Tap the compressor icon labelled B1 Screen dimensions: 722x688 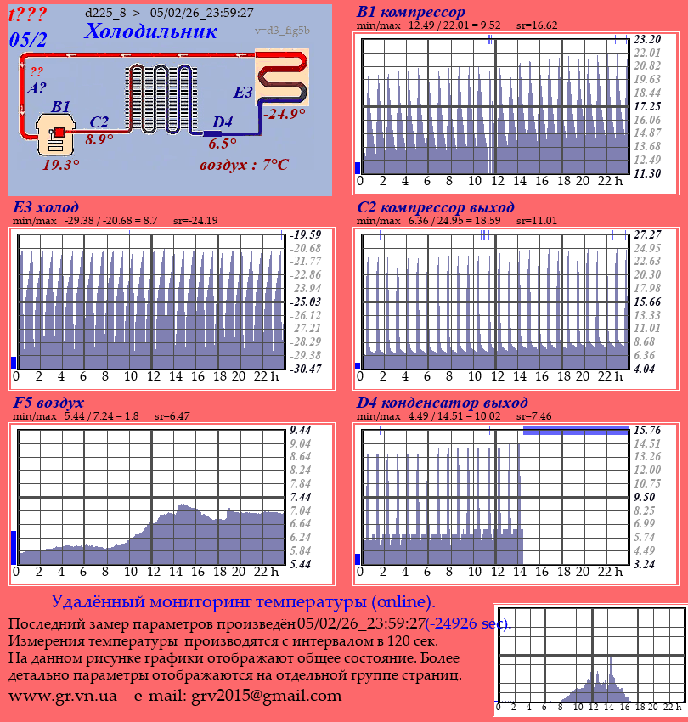click(57, 136)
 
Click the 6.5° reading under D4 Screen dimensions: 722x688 click(223, 144)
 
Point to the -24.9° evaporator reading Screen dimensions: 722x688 click(284, 114)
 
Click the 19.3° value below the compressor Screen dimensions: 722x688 click(61, 165)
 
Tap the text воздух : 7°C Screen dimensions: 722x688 click(244, 165)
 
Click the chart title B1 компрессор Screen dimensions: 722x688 click(411, 12)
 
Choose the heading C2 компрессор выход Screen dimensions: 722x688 click(435, 207)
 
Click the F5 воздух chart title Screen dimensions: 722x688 click(48, 402)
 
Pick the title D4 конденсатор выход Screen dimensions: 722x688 click(442, 402)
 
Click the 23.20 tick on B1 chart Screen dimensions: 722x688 click(647, 39)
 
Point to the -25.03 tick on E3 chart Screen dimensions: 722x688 click(305, 302)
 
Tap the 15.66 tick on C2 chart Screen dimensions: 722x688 click(647, 302)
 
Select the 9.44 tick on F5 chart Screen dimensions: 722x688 click(302, 430)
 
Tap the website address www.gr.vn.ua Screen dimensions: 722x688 click(63, 696)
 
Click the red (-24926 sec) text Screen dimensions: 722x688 click(469, 624)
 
